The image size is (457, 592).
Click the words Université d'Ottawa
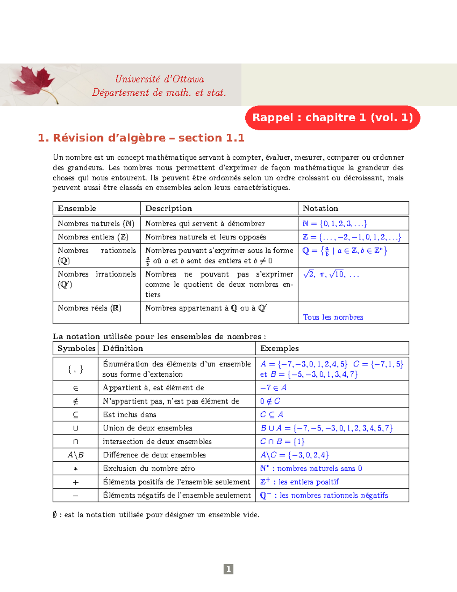(x=160, y=79)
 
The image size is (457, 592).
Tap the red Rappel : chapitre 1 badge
(x=332, y=117)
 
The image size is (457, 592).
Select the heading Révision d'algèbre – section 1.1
(x=141, y=138)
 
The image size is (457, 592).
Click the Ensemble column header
(x=77, y=209)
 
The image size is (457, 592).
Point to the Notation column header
(x=320, y=209)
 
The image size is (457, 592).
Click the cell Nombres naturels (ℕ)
(x=96, y=223)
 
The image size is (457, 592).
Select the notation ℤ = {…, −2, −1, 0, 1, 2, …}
(x=352, y=237)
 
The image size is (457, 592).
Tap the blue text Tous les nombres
(x=333, y=317)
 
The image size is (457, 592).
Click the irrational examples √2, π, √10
(x=331, y=274)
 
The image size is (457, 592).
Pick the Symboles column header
(x=76, y=348)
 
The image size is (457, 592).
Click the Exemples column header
(x=279, y=348)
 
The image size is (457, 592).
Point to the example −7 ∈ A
(x=273, y=388)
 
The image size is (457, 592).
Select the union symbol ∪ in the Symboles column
(x=75, y=428)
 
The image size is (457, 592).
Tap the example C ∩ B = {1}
(x=282, y=441)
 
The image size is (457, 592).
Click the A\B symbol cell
(x=75, y=455)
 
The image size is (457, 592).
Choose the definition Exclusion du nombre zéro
(x=149, y=468)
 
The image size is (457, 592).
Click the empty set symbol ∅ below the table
(x=55, y=515)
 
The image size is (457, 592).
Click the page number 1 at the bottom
(x=228, y=569)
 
